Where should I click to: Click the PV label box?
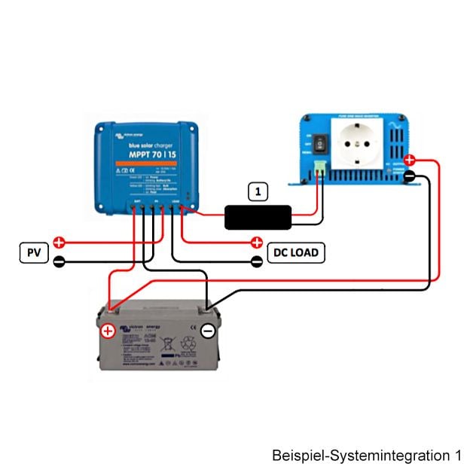point(34,252)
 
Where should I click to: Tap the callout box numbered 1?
point(258,191)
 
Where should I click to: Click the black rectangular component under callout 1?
point(258,217)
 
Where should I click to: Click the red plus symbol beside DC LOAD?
point(258,243)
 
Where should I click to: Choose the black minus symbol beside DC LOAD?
point(258,262)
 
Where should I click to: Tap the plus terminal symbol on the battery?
point(108,331)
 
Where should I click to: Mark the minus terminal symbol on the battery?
point(209,331)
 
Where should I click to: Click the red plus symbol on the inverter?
point(409,160)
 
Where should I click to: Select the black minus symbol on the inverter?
point(409,176)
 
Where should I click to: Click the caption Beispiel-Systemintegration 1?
point(366,456)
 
